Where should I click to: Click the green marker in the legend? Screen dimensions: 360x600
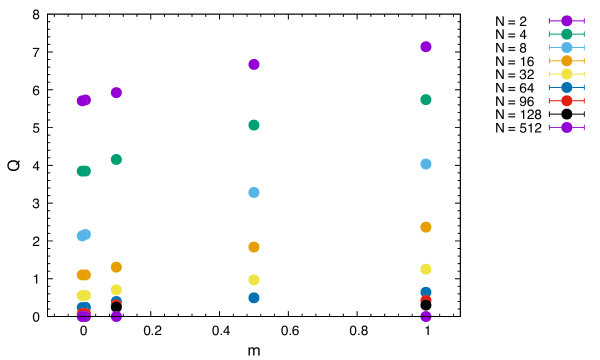(566, 34)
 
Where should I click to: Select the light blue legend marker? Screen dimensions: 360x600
(566, 47)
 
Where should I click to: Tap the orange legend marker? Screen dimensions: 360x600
(566, 61)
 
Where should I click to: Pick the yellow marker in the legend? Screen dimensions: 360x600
(566, 74)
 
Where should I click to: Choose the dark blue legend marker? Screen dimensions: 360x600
(566, 87)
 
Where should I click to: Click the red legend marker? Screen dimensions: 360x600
(566, 101)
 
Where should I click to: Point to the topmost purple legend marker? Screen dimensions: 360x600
(566, 21)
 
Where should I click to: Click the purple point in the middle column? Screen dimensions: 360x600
(254, 64)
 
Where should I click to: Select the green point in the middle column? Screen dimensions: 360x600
(254, 125)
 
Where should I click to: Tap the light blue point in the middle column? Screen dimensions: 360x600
(254, 192)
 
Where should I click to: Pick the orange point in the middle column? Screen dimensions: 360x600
(254, 247)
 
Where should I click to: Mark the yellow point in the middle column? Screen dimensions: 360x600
(254, 280)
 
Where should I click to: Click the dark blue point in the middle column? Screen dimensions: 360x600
(254, 298)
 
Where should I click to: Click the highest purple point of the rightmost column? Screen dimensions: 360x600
(426, 47)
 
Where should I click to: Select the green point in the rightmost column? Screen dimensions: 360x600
(426, 100)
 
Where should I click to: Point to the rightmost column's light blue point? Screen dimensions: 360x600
(426, 164)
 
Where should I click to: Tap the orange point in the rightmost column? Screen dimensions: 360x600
(426, 227)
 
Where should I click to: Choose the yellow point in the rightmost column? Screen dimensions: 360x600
(426, 269)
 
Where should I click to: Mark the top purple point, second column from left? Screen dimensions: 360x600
(116, 93)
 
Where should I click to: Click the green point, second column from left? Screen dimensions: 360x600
(116, 159)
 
